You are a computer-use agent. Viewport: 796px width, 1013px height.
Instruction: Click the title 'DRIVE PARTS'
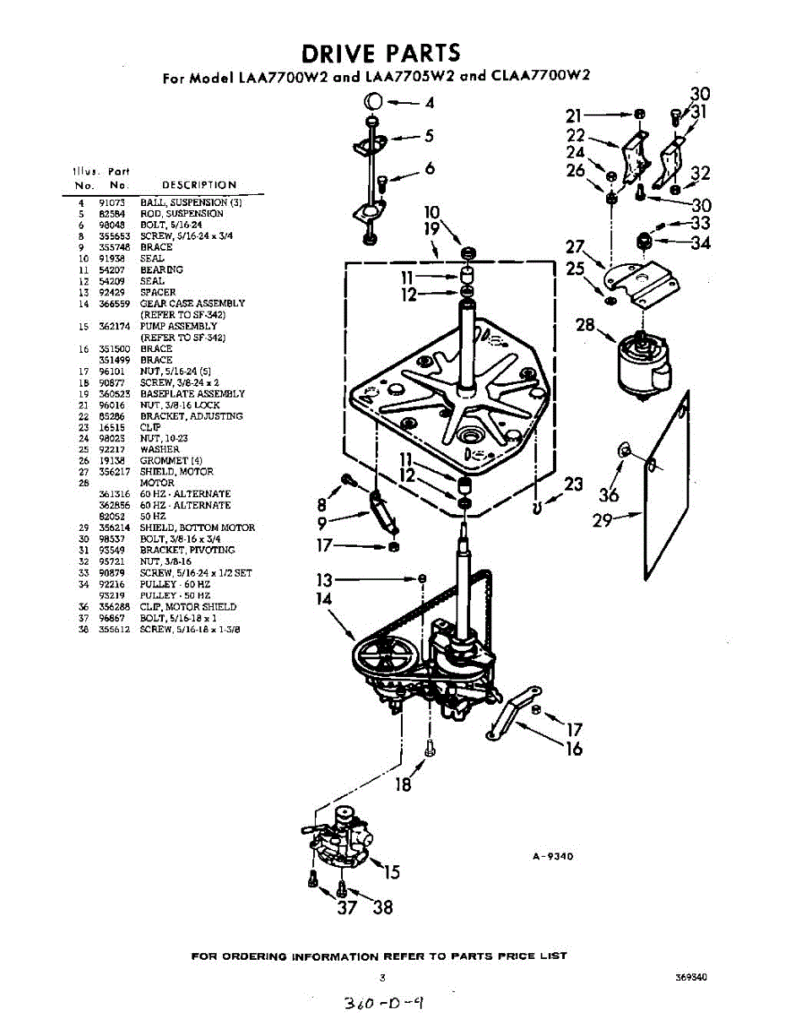click(x=382, y=53)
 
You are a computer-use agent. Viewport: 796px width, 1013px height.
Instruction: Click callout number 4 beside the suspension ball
click(x=430, y=104)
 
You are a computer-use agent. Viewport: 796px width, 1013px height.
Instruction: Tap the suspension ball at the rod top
click(x=373, y=102)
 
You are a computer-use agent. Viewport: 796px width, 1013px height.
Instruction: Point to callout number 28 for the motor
click(x=586, y=326)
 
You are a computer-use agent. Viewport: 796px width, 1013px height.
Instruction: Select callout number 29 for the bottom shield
click(x=602, y=521)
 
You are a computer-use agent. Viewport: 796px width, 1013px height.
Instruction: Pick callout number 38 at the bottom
click(x=382, y=908)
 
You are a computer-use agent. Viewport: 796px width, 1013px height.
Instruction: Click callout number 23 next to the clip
click(x=573, y=485)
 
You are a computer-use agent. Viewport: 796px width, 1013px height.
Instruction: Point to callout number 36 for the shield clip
click(x=608, y=495)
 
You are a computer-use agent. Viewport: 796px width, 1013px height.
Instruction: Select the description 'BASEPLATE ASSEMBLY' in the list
click(x=192, y=393)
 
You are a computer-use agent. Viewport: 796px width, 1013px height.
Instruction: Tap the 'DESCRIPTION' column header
click(x=198, y=185)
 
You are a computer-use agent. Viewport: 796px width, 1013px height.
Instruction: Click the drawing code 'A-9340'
click(x=553, y=856)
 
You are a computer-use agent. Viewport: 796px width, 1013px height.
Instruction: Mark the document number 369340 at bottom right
click(x=690, y=978)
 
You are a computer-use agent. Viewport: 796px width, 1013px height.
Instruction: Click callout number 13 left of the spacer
click(x=322, y=580)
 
